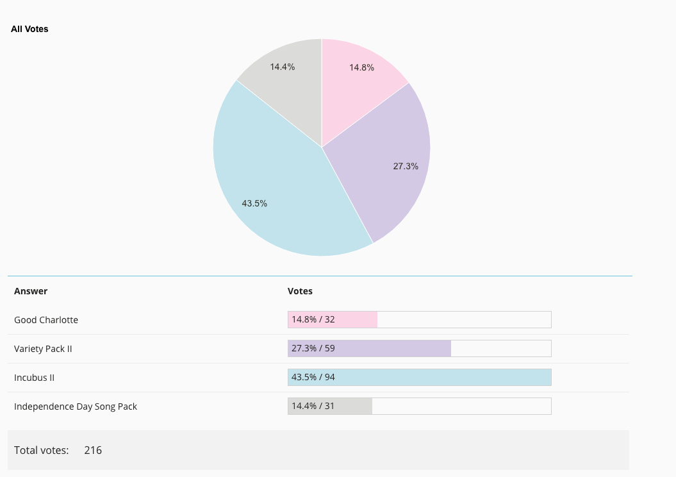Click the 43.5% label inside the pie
coord(254,204)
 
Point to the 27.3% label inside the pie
coord(406,166)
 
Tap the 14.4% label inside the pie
coord(283,67)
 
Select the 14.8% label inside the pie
coord(362,67)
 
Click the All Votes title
coord(29,29)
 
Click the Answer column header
coord(31,291)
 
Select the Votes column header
coord(300,291)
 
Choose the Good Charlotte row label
coord(46,320)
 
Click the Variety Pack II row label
coord(43,349)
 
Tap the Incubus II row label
coord(35,378)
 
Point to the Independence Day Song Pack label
coord(76,406)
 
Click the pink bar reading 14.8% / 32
coord(333,319)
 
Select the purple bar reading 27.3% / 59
coord(370,349)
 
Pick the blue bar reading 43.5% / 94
coord(420,378)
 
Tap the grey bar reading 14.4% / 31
coord(330,406)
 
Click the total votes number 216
coord(93,450)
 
